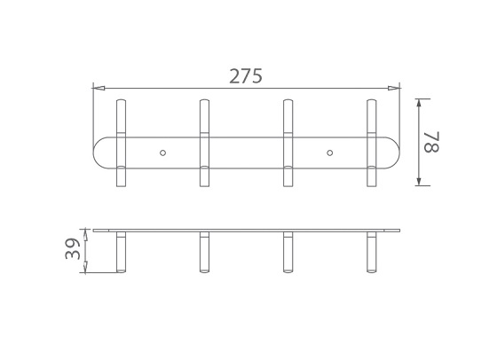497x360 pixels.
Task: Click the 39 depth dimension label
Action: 73,250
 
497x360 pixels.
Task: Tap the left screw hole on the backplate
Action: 162,153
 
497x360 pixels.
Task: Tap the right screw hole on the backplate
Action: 330,153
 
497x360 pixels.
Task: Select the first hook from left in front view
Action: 121,142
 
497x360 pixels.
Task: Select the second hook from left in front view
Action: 204,142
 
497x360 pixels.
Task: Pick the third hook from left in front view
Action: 288,142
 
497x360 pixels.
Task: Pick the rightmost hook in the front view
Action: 372,142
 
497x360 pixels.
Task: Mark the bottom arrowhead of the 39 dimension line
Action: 87,270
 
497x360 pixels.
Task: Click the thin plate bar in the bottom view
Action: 246,230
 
